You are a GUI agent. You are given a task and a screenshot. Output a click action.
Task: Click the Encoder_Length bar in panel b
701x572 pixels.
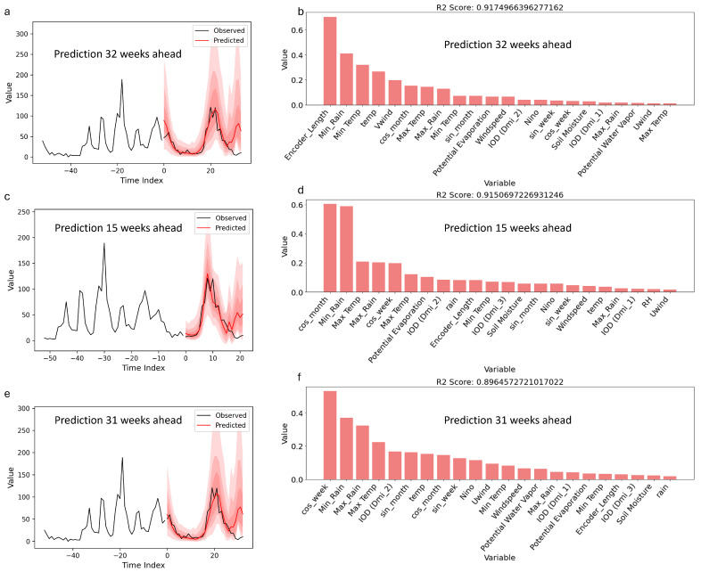pyautogui.click(x=330, y=61)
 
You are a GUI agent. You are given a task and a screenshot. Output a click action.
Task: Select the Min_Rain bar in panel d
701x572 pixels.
pyautogui.click(x=346, y=249)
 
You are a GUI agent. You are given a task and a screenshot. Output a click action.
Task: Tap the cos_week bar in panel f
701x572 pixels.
pyautogui.click(x=330, y=436)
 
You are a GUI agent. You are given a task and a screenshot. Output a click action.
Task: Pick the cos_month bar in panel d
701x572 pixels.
pyautogui.click(x=330, y=249)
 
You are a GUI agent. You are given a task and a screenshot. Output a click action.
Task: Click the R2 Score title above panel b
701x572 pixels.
pyautogui.click(x=499, y=8)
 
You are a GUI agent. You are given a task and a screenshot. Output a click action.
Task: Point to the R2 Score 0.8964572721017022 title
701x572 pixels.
pyautogui.click(x=499, y=382)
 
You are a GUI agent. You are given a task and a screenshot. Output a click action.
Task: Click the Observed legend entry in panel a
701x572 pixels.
pyautogui.click(x=219, y=30)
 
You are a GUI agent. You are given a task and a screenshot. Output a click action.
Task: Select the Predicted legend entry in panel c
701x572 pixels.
pyautogui.click(x=221, y=228)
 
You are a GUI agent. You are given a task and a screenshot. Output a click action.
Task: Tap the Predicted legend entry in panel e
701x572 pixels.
pyautogui.click(x=221, y=425)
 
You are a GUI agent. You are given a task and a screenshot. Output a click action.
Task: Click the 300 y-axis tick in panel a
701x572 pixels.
pyautogui.click(x=22, y=34)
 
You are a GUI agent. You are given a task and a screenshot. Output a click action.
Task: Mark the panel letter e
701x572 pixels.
pyautogui.click(x=7, y=395)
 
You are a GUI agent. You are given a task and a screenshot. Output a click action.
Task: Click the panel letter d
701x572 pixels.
pyautogui.click(x=301, y=190)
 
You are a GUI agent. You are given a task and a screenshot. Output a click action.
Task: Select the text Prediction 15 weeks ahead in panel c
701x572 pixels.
pyautogui.click(x=119, y=228)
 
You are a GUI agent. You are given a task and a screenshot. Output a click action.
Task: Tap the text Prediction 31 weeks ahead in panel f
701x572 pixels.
pyautogui.click(x=507, y=421)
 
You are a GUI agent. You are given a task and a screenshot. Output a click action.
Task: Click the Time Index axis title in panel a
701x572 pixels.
pyautogui.click(x=142, y=180)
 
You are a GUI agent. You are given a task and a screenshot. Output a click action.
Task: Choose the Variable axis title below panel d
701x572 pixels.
pyautogui.click(x=499, y=369)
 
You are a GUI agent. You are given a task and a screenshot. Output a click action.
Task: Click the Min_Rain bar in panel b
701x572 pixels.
pyautogui.click(x=346, y=79)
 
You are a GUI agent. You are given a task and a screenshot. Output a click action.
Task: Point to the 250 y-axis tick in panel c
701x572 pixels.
pyautogui.click(x=24, y=212)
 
